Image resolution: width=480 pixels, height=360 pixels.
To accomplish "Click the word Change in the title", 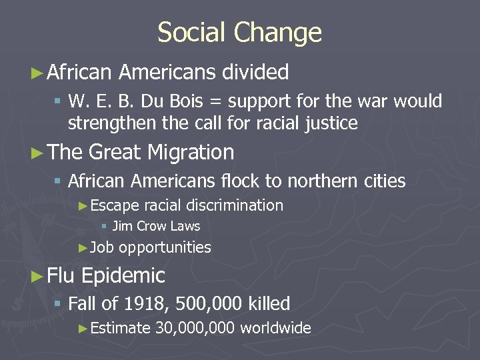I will (x=281, y=33).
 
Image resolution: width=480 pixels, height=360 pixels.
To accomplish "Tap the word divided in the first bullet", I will (x=256, y=72).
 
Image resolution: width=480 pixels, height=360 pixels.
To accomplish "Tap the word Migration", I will (x=191, y=153).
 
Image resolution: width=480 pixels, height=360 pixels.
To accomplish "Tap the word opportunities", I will (x=165, y=248).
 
